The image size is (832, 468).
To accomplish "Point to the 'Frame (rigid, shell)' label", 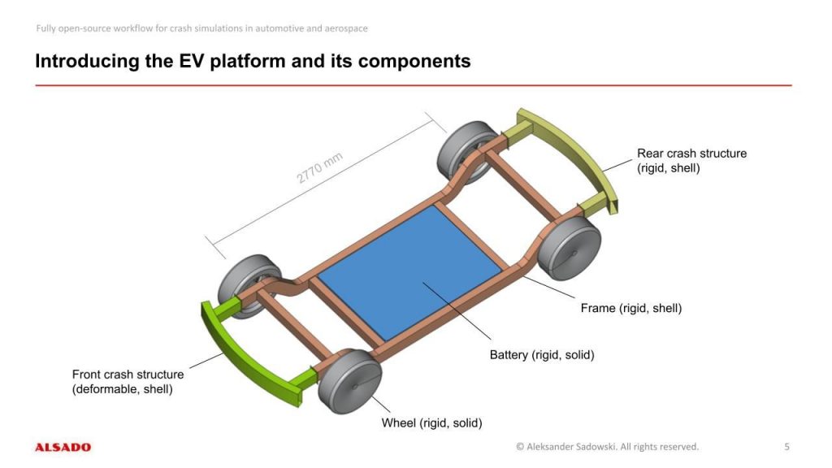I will (630, 309).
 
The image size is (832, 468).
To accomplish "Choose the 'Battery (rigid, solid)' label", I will (542, 355).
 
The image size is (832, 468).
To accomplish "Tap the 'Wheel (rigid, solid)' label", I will (432, 422).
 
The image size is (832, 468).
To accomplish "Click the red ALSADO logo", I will (63, 447).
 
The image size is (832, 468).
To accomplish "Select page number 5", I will (786, 446).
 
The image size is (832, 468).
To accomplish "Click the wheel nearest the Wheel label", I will (350, 381).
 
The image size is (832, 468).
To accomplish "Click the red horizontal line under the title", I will (413, 84).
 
